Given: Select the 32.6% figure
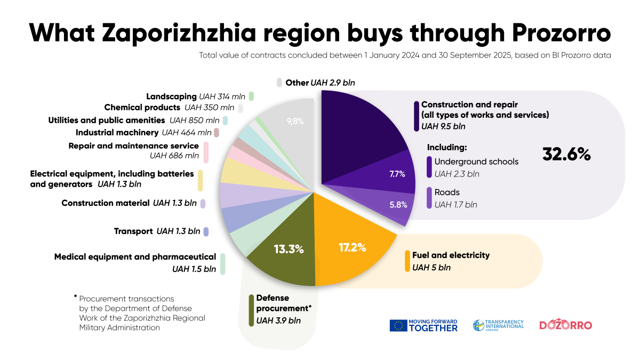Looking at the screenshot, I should click(x=566, y=154).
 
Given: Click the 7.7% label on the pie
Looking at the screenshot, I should click(x=397, y=174).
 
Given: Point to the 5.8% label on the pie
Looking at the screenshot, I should click(x=398, y=204).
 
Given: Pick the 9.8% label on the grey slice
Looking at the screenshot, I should click(x=295, y=121).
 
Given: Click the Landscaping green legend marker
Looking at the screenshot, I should click(x=251, y=97).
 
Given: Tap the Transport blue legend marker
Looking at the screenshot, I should click(x=206, y=231).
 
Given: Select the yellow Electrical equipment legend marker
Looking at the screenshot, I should click(x=200, y=180).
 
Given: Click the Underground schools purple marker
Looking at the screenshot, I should click(x=429, y=167).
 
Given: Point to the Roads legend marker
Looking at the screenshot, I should click(x=429, y=197).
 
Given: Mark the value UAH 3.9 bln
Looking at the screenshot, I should click(x=278, y=321).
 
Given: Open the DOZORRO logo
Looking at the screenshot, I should click(x=565, y=325).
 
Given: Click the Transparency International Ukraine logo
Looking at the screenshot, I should click(x=498, y=325).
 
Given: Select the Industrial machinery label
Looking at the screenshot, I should click(x=117, y=132).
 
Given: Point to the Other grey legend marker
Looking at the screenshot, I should click(x=279, y=82).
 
